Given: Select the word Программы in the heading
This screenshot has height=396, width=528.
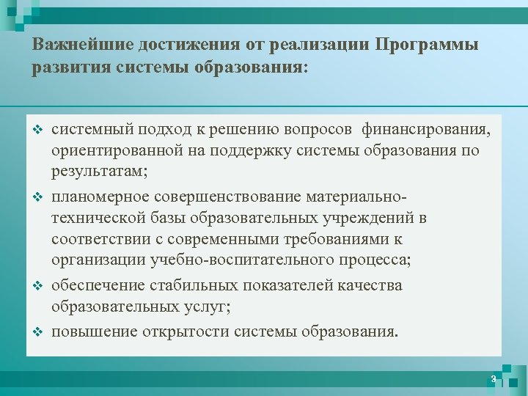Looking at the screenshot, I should tap(426, 45).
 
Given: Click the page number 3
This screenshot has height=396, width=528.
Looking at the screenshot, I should tap(494, 379).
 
